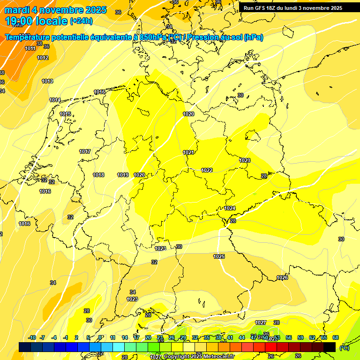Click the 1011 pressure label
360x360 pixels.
pos(30,48)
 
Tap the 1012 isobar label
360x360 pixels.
pos(43,58)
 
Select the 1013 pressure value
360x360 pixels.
pos(47,81)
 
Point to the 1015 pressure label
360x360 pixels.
pos(65,114)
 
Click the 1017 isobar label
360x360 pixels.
pos(85,151)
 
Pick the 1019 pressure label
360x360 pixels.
pos(123,175)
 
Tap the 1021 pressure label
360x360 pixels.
pos(188,152)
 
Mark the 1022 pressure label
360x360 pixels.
pos(207,170)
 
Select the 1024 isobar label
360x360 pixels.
pos(230,208)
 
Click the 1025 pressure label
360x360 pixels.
pos(219,256)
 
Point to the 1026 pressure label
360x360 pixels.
pos(282,278)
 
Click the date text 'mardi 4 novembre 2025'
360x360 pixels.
pos(56,10)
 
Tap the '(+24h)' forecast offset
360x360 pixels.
pos(81,21)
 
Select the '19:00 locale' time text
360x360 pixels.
pos(36,21)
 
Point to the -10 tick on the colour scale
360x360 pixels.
pos(32,337)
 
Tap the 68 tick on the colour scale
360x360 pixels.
pos(336,337)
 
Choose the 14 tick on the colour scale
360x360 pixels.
pos(125,337)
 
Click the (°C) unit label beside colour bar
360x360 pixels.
pos(344,347)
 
